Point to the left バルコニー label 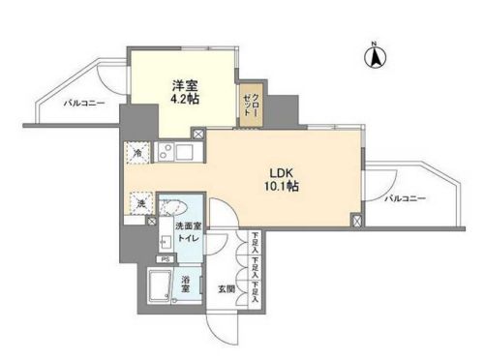pos(85,102)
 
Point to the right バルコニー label pos(405,198)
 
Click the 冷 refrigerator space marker pos(137,152)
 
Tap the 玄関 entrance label pos(226,288)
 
